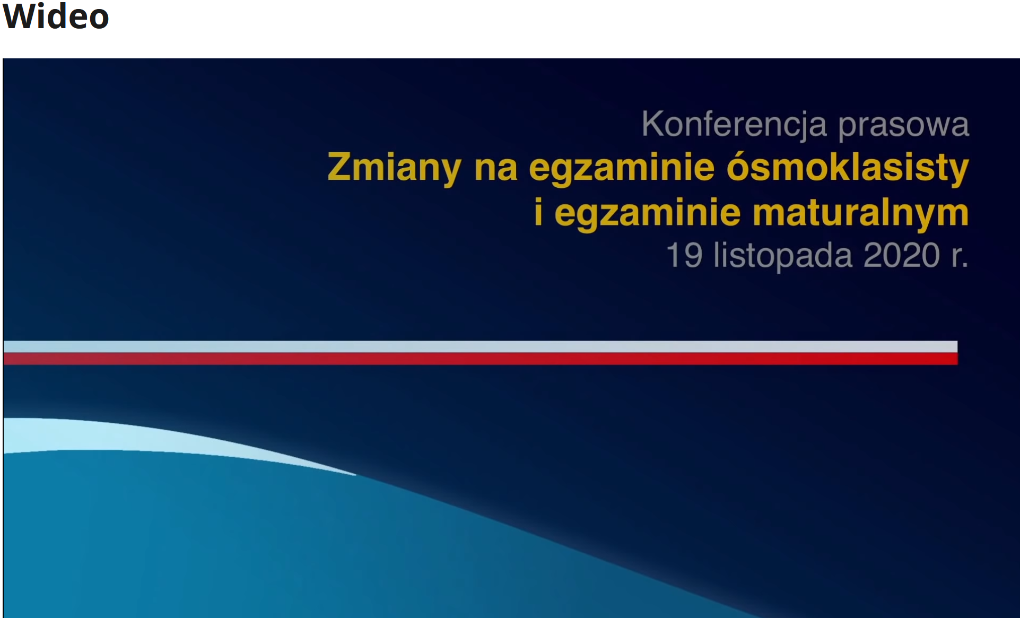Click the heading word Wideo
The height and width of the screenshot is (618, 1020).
coord(56,16)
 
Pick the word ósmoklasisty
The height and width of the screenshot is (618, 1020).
coord(848,168)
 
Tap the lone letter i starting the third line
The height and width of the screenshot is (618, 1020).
coord(538,212)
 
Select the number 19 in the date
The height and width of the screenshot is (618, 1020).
coord(684,256)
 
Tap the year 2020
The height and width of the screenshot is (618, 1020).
coord(902,256)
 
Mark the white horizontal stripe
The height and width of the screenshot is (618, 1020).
coord(481,347)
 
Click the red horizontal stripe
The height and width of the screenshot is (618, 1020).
coord(481,359)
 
